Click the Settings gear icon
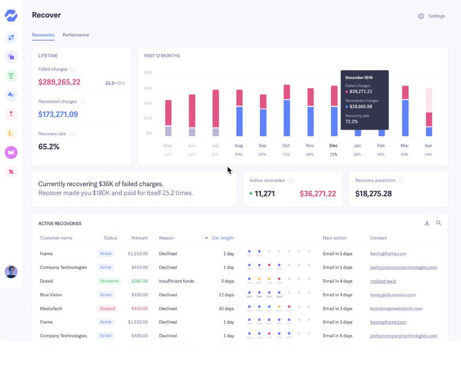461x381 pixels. tap(421, 16)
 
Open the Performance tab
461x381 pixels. tap(75, 35)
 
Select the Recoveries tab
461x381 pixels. tap(43, 35)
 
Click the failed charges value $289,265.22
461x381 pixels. tap(59, 82)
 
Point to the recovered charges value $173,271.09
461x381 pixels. tap(58, 115)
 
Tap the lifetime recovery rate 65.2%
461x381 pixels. tap(49, 147)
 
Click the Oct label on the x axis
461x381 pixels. tap(286, 146)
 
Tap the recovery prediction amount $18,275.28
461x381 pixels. tap(373, 194)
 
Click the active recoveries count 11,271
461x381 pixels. tap(264, 194)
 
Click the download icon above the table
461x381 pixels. tap(427, 223)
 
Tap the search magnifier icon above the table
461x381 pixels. tap(439, 223)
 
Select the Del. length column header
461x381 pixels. tap(222, 238)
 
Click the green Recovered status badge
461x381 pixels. tap(109, 281)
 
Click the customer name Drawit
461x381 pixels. tap(47, 281)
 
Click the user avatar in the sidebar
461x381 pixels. tap(11, 272)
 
